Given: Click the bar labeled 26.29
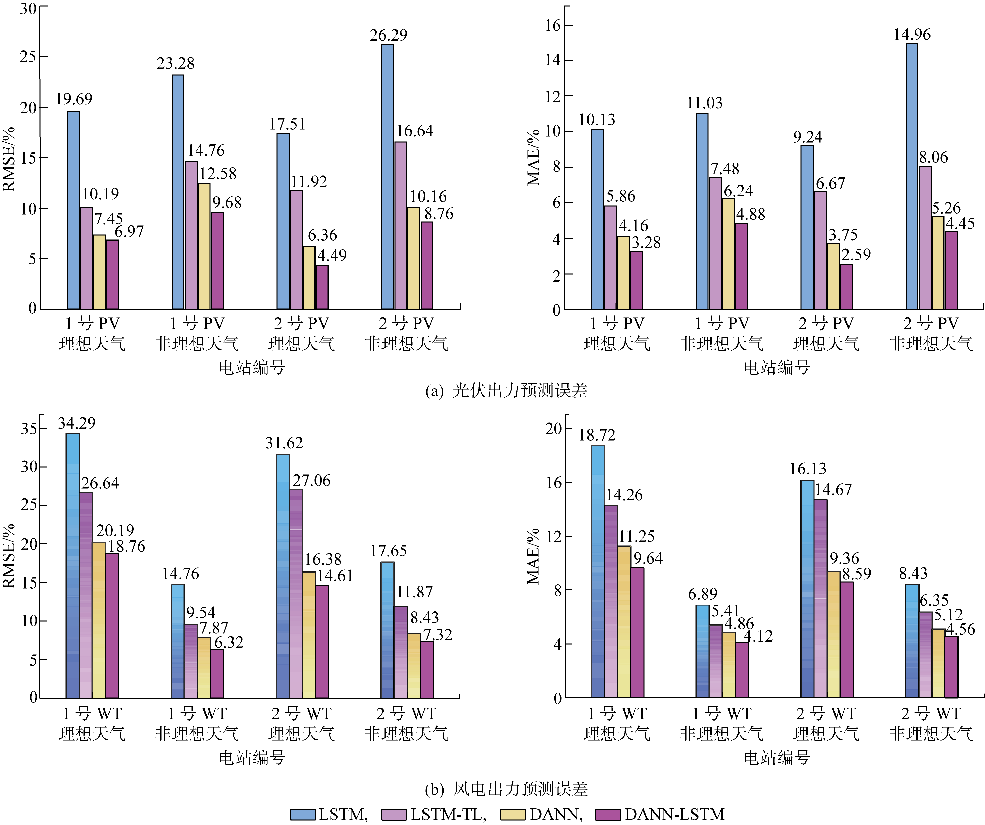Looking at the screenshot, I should point(387,177).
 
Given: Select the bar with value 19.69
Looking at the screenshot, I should point(73,210).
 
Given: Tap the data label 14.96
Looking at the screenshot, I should point(912,35).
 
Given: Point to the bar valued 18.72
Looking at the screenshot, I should point(598,571).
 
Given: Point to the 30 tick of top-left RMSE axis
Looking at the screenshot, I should point(28,8).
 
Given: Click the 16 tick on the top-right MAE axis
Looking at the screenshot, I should point(553,25).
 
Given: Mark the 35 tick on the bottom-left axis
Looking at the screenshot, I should point(29,429).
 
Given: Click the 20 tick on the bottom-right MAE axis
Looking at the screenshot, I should point(553,429).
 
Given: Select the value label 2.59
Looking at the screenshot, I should point(856,255).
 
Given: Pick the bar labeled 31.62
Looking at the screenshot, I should point(283,576).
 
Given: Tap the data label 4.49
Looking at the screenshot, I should point(332,256).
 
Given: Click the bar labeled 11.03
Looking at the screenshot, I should point(702,211).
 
